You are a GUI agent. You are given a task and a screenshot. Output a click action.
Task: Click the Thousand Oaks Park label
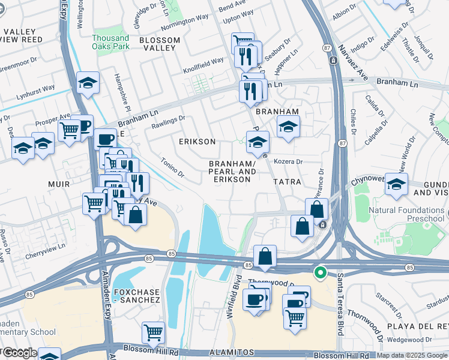coord(110,41)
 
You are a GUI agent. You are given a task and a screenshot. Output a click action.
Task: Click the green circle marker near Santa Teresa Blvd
coord(321,273)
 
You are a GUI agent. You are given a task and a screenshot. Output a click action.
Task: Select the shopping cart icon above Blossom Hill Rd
coord(153,332)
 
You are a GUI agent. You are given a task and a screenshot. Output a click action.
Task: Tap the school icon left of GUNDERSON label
coord(397,183)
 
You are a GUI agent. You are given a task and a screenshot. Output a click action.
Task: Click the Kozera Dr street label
coord(288,162)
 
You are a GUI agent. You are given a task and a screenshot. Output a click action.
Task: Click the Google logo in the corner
coord(20,353)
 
